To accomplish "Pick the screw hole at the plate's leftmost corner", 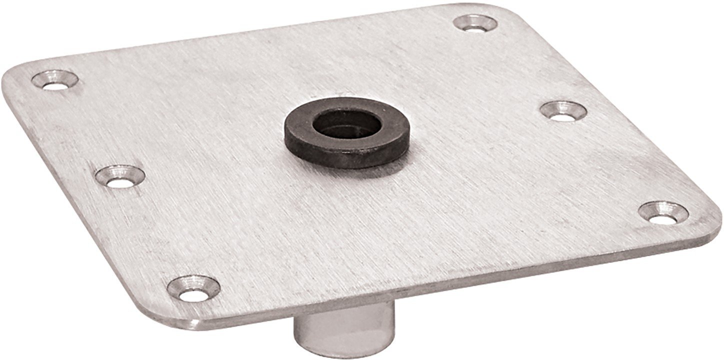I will click(x=54, y=80).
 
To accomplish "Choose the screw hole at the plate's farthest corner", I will click(x=475, y=22).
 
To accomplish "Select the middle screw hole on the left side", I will click(x=120, y=175).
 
